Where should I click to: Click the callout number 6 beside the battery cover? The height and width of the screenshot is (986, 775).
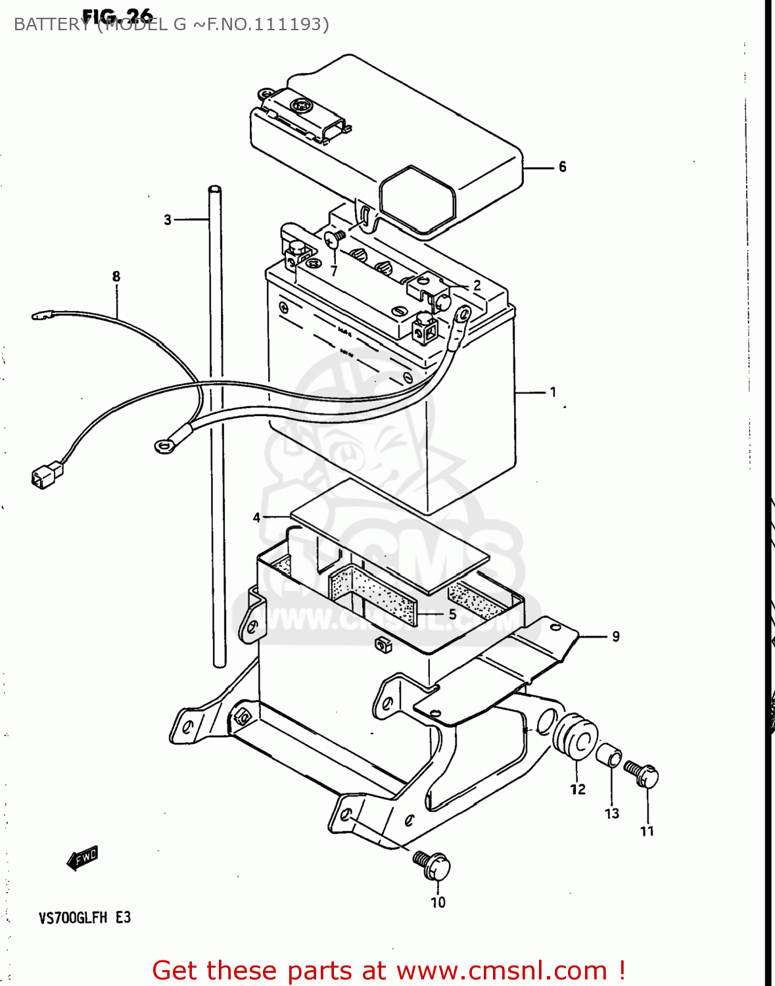pyautogui.click(x=562, y=167)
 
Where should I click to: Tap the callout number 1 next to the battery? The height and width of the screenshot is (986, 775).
pyautogui.click(x=553, y=392)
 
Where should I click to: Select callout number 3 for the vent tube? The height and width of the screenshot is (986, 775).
pyautogui.click(x=168, y=220)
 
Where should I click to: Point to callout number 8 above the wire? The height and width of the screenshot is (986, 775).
pyautogui.click(x=116, y=276)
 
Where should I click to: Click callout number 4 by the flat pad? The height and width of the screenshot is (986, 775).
pyautogui.click(x=256, y=517)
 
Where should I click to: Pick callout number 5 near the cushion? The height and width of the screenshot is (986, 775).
pyautogui.click(x=452, y=614)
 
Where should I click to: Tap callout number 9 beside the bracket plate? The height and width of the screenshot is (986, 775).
pyautogui.click(x=615, y=636)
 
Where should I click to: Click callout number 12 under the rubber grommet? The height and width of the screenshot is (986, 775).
pyautogui.click(x=578, y=789)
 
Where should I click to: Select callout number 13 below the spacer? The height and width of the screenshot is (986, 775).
pyautogui.click(x=612, y=813)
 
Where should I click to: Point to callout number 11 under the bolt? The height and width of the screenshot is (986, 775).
pyautogui.click(x=647, y=831)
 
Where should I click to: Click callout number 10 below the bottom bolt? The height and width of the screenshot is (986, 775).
pyautogui.click(x=438, y=903)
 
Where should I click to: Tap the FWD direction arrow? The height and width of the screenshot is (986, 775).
pyautogui.click(x=83, y=857)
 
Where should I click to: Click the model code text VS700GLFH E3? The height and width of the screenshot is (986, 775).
pyautogui.click(x=85, y=918)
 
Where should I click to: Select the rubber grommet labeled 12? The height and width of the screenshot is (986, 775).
pyautogui.click(x=576, y=738)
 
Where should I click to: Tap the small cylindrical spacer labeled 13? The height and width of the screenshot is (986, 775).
pyautogui.click(x=609, y=755)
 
